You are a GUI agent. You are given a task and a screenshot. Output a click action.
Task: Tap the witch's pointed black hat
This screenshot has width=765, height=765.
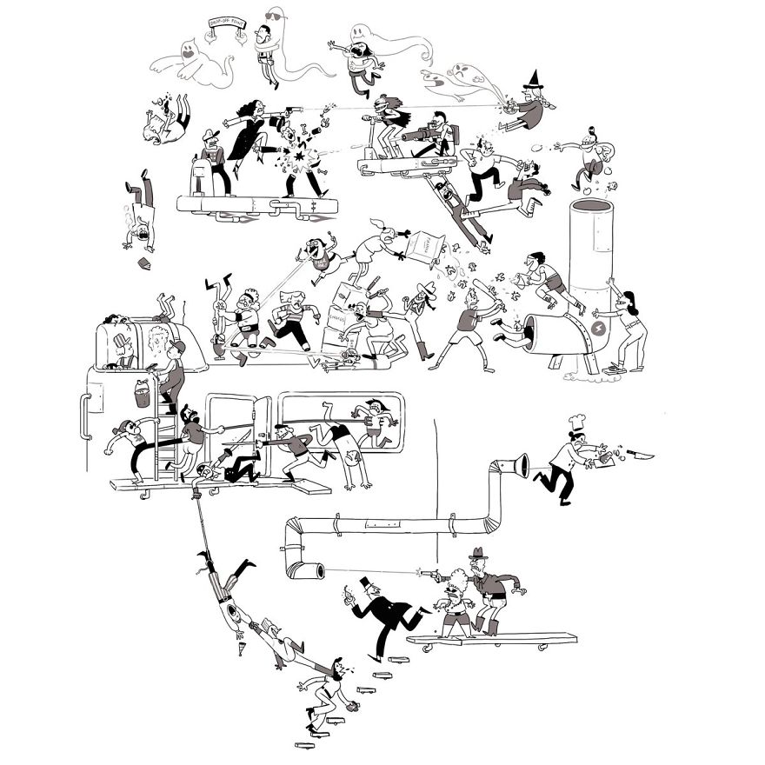point(533,83)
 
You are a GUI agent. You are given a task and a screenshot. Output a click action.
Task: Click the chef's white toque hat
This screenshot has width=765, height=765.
point(576,423)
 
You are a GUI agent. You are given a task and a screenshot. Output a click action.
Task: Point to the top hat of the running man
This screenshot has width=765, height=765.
point(366,582)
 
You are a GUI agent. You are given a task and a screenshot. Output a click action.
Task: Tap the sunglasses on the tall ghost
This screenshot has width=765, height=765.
point(274,17)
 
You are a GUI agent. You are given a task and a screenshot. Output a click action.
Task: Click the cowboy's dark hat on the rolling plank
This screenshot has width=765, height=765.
point(479,555)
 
